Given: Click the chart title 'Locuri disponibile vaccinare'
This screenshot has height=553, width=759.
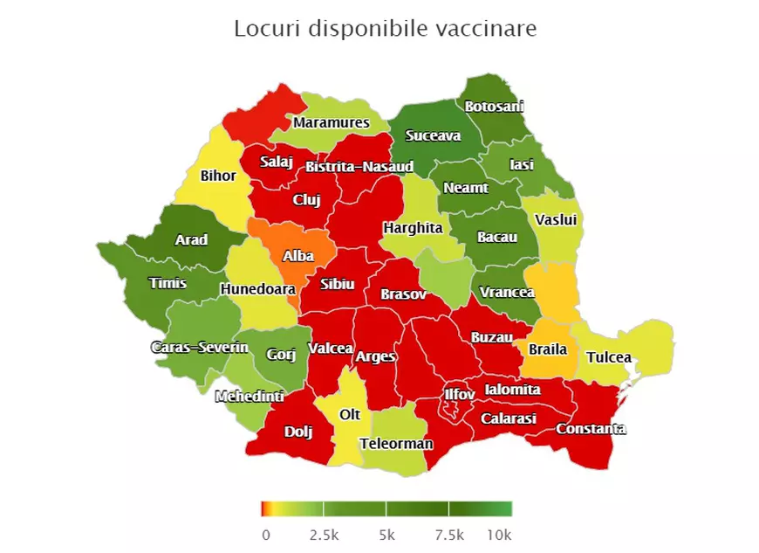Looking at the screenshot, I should (385, 28).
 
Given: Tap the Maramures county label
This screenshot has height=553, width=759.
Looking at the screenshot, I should (331, 122).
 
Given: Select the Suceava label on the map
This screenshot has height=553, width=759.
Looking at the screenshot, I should (433, 135).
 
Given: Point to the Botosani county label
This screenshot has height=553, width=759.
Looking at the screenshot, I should (494, 107).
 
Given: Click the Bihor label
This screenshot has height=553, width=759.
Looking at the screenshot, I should (218, 176).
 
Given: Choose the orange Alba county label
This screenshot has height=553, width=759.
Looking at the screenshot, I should (297, 257).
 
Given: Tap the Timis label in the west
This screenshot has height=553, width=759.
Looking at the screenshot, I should (168, 283).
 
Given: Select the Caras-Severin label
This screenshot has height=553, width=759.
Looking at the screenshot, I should (200, 348).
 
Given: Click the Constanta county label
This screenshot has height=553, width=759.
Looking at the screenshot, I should (591, 428).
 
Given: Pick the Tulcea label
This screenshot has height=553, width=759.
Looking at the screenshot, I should (608, 357).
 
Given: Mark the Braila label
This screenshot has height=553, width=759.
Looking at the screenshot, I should (548, 349).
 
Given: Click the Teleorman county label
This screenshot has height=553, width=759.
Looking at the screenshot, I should (396, 444).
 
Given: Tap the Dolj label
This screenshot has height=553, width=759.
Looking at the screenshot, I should (297, 431).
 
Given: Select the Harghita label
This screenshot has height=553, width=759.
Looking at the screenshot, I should (413, 228).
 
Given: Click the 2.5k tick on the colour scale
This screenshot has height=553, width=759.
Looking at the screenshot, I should (323, 534).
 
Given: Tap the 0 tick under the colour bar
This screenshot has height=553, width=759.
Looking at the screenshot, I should (265, 534).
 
